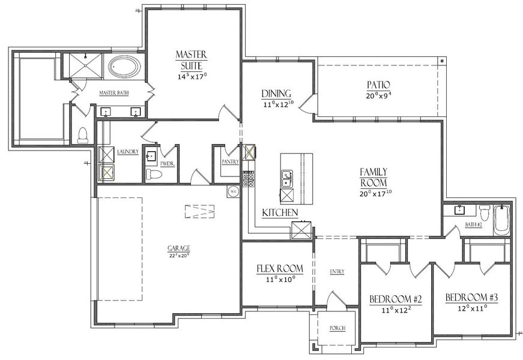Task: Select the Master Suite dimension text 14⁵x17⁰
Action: coord(192,77)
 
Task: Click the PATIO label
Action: coord(379,85)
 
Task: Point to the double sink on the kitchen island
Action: coord(287,178)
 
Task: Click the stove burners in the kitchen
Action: coord(248,178)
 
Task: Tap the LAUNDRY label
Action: coord(128,152)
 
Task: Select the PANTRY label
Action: coord(230,161)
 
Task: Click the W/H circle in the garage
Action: coord(232,191)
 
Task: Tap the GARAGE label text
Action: coord(179,248)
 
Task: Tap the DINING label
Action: coord(276,94)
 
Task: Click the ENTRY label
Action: coord(337,272)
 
